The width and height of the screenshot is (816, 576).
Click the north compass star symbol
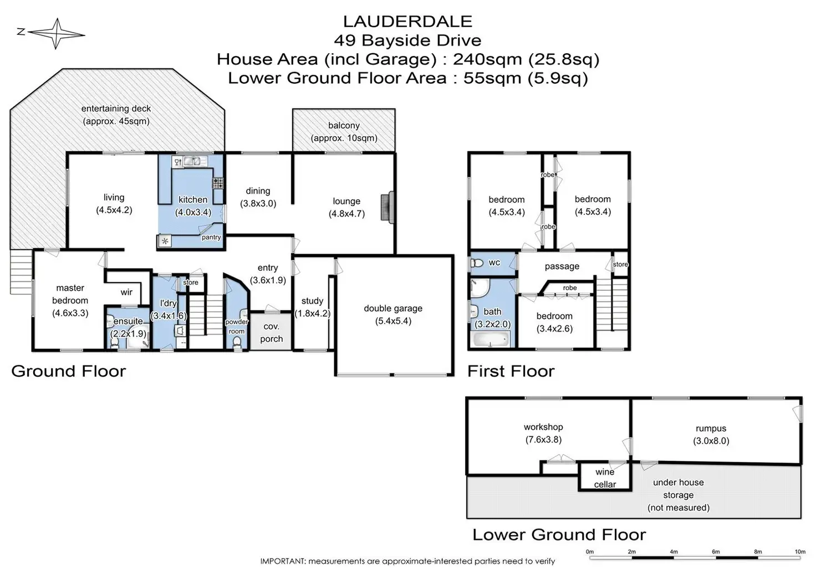(x=56, y=33)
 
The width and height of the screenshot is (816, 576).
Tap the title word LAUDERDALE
(x=407, y=22)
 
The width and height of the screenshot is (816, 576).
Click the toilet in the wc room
(x=477, y=263)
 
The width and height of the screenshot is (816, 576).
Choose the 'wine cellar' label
(x=605, y=478)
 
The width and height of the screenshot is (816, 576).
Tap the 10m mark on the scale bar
(x=800, y=552)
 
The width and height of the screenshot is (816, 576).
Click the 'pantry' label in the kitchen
(x=211, y=237)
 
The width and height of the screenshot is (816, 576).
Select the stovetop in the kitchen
(x=218, y=183)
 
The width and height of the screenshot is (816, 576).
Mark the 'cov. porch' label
(x=272, y=332)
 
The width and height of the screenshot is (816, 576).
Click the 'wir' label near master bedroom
(x=126, y=292)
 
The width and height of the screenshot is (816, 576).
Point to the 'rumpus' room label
(x=711, y=428)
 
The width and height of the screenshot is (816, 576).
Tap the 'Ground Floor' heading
(x=69, y=371)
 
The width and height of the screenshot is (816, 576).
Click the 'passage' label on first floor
(x=562, y=266)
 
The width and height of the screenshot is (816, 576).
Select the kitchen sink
(x=192, y=161)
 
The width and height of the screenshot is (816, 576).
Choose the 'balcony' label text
(x=344, y=126)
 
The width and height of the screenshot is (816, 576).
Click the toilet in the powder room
(x=237, y=343)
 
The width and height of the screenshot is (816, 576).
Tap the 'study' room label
(x=312, y=301)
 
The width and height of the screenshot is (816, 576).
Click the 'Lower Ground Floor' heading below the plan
(x=559, y=534)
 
